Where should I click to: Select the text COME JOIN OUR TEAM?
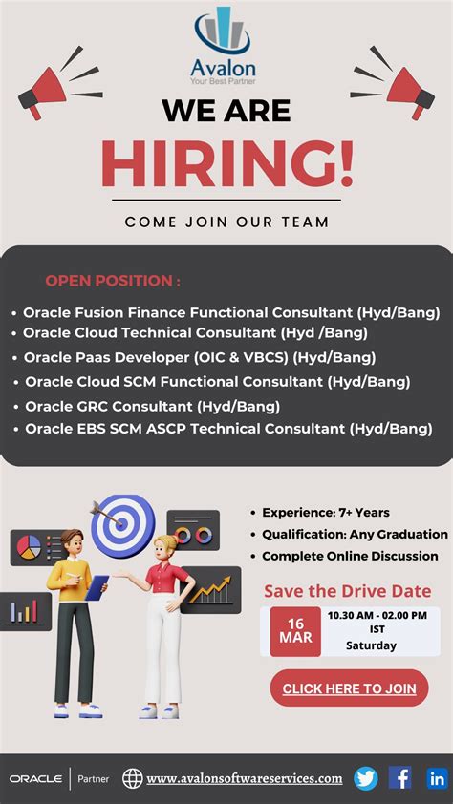click(x=226, y=222)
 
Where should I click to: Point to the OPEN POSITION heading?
click(x=113, y=281)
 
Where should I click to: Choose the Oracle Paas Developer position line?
click(x=200, y=357)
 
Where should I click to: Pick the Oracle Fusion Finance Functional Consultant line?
click(x=231, y=312)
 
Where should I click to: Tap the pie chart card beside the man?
click(x=31, y=547)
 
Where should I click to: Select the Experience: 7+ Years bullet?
click(x=325, y=513)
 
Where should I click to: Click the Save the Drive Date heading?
click(x=347, y=591)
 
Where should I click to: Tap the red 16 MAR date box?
click(x=295, y=631)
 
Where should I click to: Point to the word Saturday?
click(x=371, y=645)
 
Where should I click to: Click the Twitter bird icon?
click(x=365, y=778)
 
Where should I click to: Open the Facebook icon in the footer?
click(x=400, y=778)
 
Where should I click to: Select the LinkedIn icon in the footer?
click(x=437, y=778)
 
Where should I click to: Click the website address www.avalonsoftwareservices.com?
click(x=244, y=778)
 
